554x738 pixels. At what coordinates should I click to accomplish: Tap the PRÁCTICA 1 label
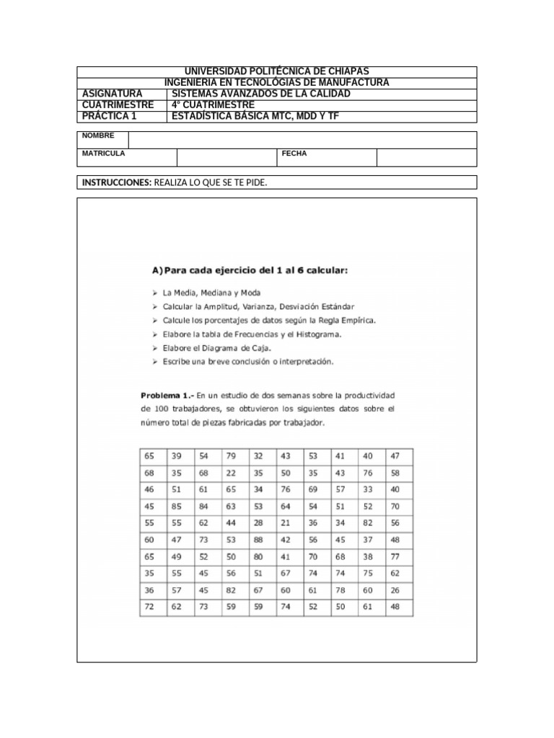(109, 116)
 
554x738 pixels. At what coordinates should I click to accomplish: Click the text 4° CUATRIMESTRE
(213, 105)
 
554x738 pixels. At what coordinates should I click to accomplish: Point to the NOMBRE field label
(97, 135)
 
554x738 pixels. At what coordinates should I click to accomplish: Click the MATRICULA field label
(103, 154)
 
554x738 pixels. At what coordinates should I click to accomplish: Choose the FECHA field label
(294, 154)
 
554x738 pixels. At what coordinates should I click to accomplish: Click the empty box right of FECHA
(426, 158)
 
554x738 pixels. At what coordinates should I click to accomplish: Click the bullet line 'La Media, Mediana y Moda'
(212, 293)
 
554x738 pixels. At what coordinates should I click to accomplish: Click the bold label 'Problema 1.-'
(167, 395)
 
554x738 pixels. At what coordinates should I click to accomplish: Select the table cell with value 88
(258, 540)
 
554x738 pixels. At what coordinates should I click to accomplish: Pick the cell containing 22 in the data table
(231, 473)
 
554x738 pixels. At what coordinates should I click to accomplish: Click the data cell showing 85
(177, 506)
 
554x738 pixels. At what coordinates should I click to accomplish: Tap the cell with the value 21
(286, 523)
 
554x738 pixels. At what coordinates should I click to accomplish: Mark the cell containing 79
(231, 456)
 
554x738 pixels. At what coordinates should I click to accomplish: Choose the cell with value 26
(395, 590)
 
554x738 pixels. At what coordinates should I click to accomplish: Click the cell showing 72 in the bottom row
(149, 607)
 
